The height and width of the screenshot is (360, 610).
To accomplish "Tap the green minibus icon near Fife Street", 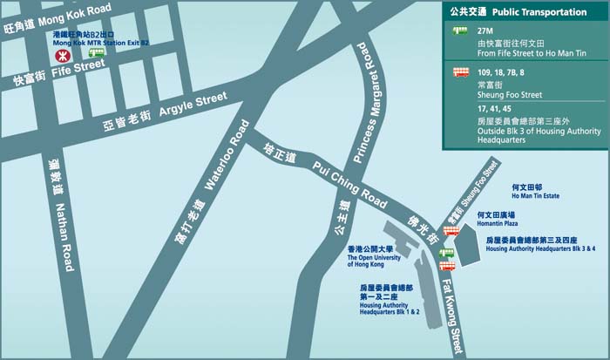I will pyautogui.click(x=97, y=53).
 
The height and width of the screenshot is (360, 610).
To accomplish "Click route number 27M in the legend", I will pyautogui.click(x=485, y=30).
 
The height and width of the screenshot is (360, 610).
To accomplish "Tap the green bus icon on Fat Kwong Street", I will pyautogui.click(x=447, y=254).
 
